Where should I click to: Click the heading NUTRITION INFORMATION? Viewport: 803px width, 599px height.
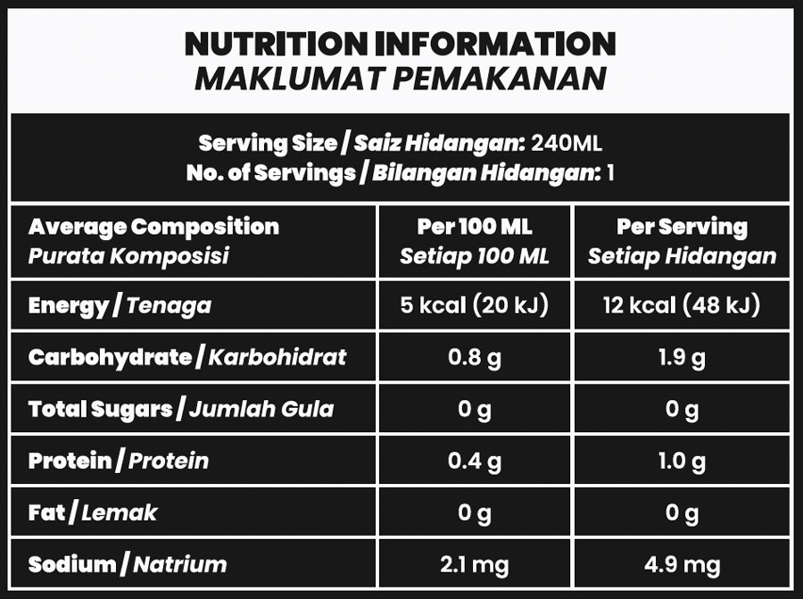click(400, 43)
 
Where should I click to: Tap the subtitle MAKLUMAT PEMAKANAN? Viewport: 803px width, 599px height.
click(400, 79)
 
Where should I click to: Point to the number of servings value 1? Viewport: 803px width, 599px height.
click(610, 172)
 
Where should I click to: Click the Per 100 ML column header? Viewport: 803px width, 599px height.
click(474, 227)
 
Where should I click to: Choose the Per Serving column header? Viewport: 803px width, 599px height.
click(682, 227)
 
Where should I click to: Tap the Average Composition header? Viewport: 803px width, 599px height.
click(153, 227)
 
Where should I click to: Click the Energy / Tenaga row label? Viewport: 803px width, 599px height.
click(120, 306)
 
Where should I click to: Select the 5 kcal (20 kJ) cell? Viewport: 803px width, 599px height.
click(474, 306)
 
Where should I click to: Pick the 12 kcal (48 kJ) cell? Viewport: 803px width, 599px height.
click(682, 306)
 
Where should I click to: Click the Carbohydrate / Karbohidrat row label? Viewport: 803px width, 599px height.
click(187, 358)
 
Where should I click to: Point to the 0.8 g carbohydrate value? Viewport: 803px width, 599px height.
click(474, 358)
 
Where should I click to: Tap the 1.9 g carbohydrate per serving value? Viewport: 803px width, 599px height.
click(682, 358)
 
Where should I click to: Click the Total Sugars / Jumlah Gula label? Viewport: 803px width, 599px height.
click(181, 410)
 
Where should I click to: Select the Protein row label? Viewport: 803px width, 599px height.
click(119, 462)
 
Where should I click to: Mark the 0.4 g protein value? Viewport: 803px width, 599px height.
click(474, 462)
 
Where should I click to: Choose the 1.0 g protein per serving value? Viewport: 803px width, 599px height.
click(682, 462)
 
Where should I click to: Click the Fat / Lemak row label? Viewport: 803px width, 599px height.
click(93, 512)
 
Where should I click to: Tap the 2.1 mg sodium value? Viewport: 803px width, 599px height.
click(474, 564)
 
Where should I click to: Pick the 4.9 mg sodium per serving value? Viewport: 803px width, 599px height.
click(682, 564)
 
